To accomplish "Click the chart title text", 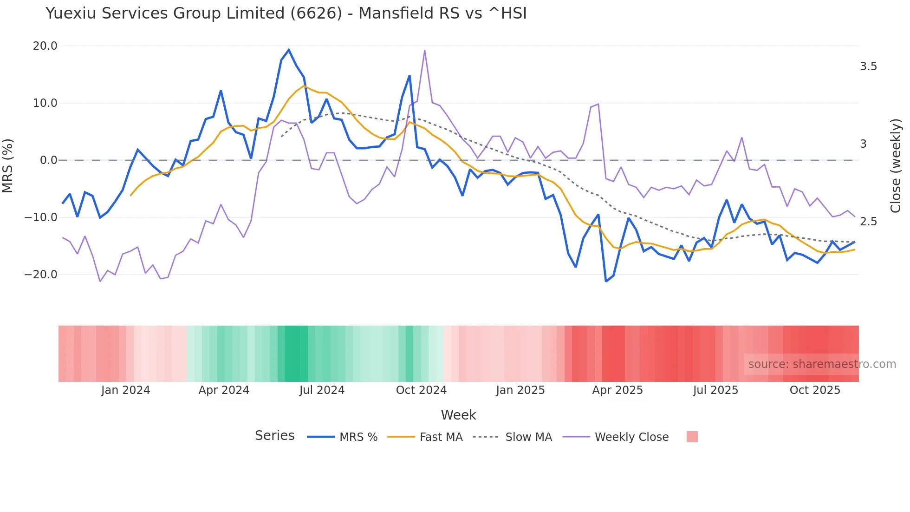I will coord(286,13).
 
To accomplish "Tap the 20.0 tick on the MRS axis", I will coord(45,46).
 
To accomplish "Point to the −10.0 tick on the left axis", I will coord(41,217).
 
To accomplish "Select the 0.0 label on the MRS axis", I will coord(49,160).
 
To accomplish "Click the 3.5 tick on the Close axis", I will coord(868,66).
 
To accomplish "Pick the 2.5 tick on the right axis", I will coord(868,222).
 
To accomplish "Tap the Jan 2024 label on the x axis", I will coord(125,390).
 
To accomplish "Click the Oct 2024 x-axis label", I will coord(421,390).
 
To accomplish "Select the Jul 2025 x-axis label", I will coord(715,390).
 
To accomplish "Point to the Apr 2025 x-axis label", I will coord(617,390).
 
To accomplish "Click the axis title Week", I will coord(458,415).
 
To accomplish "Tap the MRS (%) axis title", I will coord(8,165).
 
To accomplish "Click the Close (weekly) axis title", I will coord(896,166).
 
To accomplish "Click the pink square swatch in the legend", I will coord(692,437).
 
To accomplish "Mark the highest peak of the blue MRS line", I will coord(289,50).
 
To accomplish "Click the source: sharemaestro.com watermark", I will coord(822,364).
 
